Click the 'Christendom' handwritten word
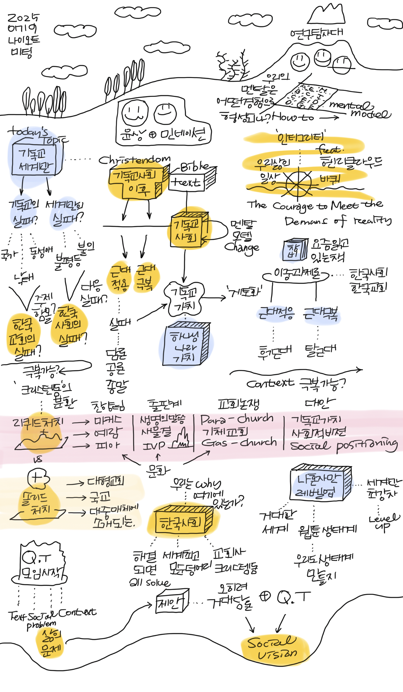coord(134,160)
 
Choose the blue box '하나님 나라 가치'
coord(186,345)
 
